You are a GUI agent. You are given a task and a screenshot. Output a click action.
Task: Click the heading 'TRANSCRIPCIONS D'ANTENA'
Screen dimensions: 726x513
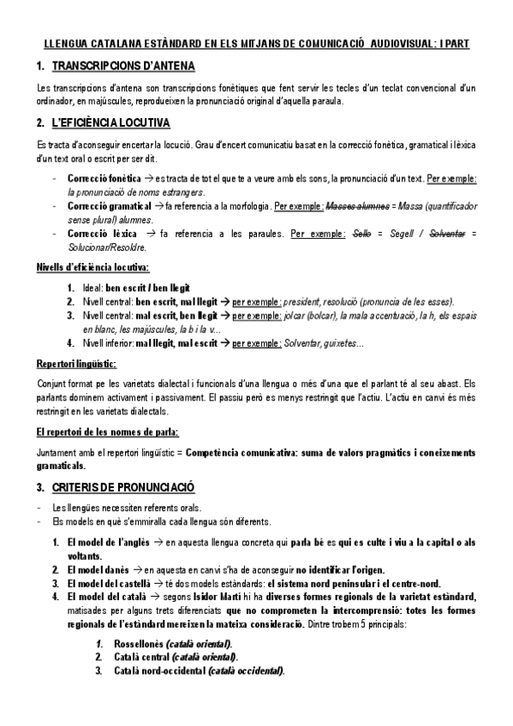click(122, 66)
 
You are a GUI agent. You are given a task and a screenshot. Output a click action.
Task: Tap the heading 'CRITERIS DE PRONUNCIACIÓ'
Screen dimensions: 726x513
click(123, 487)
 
